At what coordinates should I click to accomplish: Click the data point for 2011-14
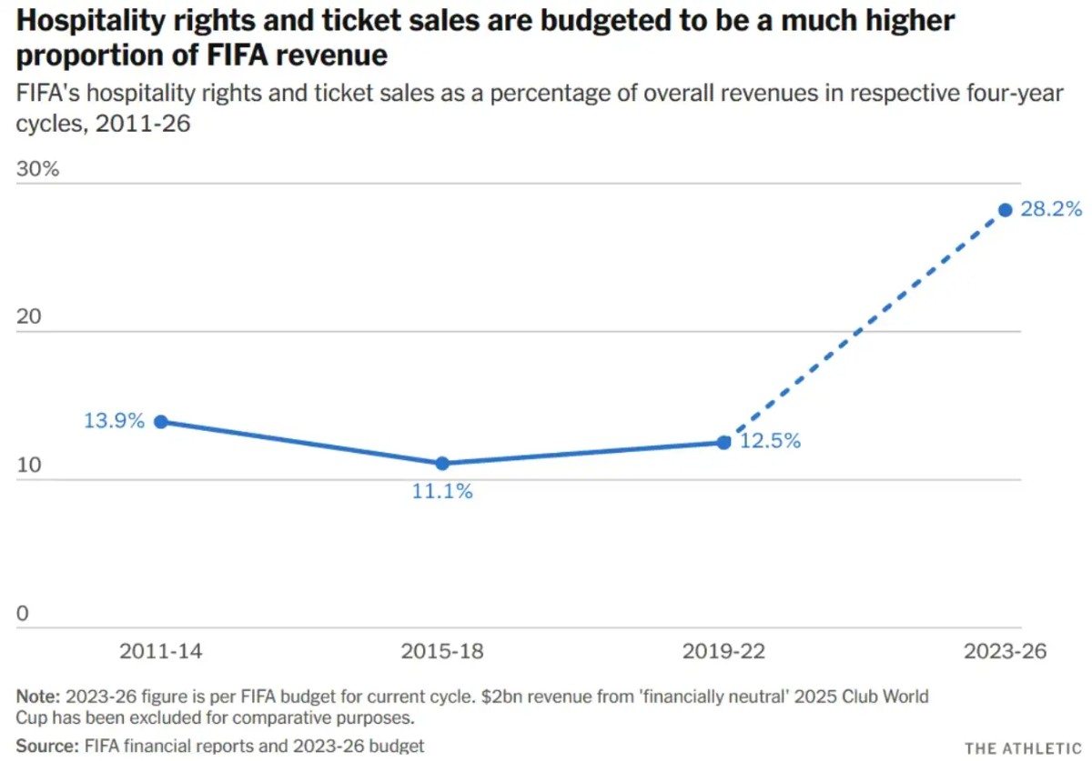coord(160,421)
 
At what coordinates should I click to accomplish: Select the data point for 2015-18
coord(442,463)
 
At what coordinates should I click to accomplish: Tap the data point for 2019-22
coord(723,442)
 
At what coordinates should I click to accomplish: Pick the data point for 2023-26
coord(1006,210)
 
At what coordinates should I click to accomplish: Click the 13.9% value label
coord(115,421)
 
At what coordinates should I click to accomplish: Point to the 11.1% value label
coord(442,492)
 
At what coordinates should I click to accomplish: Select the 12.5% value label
coord(770,442)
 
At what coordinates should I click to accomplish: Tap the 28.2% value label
coord(1052,210)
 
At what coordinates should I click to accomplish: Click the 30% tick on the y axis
coord(37,169)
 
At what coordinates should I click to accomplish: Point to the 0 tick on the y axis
coord(23,614)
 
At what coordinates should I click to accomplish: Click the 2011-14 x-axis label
coord(160,652)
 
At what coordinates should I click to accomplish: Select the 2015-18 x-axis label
coord(442,652)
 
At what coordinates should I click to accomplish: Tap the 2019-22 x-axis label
coord(723,652)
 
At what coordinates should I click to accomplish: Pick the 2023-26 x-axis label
coord(1006,652)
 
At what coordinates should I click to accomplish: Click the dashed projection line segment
coord(864,325)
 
